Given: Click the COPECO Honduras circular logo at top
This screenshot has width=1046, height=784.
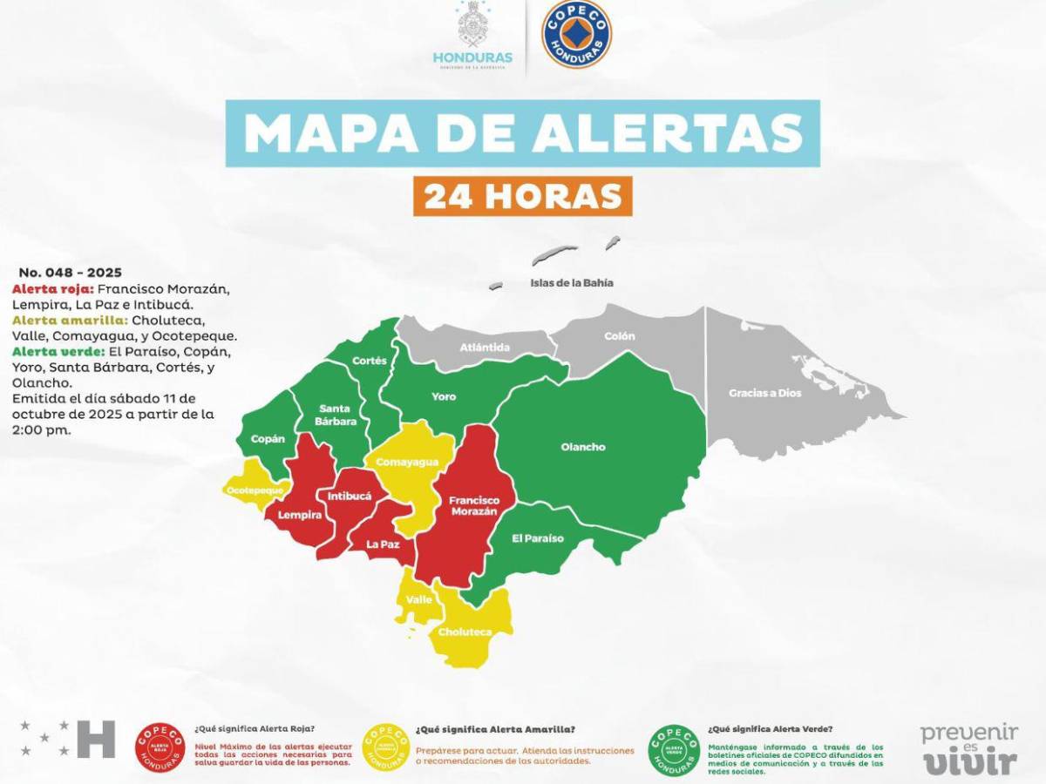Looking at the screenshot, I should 576,35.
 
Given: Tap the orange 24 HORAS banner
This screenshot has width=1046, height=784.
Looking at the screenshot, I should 522,196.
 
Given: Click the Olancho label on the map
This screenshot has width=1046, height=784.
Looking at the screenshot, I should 582,447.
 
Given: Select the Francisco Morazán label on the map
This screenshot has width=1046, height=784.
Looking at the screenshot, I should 473,506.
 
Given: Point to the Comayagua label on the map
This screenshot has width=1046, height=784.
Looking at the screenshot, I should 407,463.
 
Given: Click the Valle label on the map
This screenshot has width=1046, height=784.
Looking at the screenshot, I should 419,599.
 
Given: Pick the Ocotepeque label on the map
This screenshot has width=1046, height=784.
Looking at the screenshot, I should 255,490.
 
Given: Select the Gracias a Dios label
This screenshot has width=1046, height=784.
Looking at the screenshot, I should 764,393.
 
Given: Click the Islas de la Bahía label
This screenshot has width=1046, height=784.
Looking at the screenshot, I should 572,282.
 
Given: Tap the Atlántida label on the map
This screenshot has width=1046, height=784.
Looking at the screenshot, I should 485,347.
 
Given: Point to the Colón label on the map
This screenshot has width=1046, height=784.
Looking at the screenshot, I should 620,335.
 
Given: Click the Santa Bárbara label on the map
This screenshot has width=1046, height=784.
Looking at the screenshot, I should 337,415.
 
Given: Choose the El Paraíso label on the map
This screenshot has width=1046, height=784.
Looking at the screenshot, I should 538,538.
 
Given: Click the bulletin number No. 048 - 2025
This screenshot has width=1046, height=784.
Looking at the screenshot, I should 71,272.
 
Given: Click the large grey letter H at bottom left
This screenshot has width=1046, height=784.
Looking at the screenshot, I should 96,739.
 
